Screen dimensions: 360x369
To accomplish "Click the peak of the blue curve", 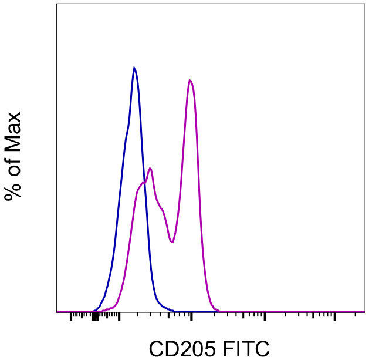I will [x=134, y=68].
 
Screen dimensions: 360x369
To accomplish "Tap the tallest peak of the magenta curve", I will [x=189, y=79].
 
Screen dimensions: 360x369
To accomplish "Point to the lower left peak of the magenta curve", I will [x=151, y=169].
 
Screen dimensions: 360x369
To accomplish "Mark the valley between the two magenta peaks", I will [x=171, y=241].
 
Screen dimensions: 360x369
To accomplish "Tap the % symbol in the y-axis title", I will [x=12, y=189].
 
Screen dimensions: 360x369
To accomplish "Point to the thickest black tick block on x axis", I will [x=94, y=317].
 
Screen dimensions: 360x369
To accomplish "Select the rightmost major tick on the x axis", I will [x=335, y=317].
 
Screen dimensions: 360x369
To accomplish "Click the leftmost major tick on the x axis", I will [x=71, y=317].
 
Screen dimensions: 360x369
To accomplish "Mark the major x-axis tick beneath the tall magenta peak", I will [x=192, y=317].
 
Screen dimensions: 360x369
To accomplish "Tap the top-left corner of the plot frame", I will [x=57, y=4].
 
